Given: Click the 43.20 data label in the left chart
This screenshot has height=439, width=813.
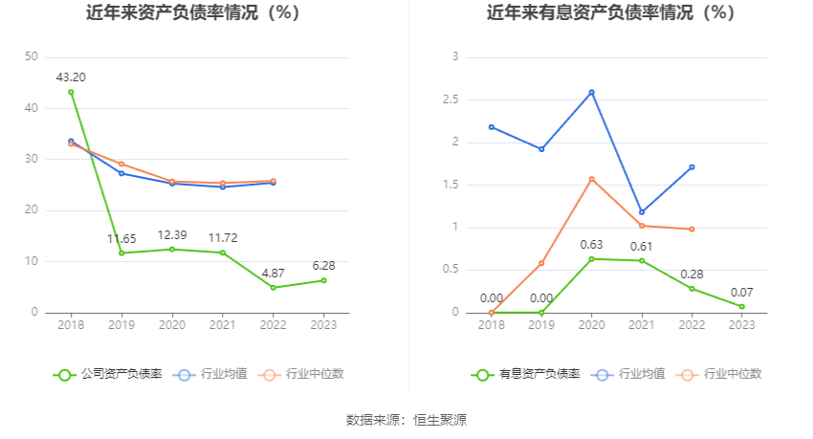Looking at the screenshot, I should (x=71, y=77).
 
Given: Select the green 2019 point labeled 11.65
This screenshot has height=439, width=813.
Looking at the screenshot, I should (x=121, y=252).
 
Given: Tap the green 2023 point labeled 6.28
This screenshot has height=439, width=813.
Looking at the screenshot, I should (x=323, y=280).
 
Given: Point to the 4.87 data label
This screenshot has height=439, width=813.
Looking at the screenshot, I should (x=273, y=273).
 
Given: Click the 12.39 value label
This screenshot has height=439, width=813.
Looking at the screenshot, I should (x=172, y=234).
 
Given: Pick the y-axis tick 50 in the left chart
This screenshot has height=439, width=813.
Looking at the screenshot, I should (x=33, y=57).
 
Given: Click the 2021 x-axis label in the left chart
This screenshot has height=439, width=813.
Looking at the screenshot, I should (x=222, y=325).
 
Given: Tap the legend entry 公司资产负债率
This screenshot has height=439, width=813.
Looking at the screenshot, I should (x=107, y=374).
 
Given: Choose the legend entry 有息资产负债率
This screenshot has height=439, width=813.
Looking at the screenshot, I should (x=525, y=374).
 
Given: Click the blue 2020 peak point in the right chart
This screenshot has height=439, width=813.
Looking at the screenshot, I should (x=591, y=92).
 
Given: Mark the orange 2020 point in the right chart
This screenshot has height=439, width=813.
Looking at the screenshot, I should (x=591, y=179).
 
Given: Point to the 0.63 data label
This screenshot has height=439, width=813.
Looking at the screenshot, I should (x=592, y=245).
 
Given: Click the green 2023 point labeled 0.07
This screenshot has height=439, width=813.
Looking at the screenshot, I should (x=741, y=306).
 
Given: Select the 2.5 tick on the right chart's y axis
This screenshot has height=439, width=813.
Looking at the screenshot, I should (x=450, y=99).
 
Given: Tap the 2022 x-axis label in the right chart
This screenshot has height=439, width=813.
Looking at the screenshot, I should (x=692, y=325).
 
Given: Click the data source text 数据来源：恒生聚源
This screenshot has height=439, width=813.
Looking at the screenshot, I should (x=406, y=419).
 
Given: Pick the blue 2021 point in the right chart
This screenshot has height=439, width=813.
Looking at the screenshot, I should (x=642, y=212).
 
